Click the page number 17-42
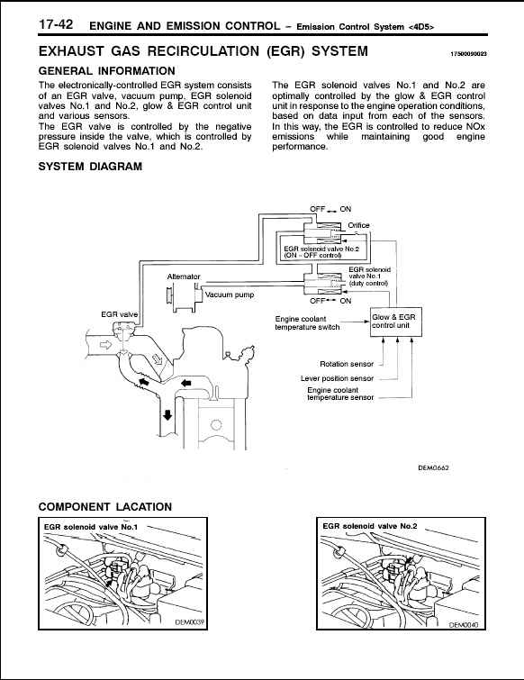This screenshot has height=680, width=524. pos(56,24)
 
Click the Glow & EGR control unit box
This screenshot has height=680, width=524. pos(395,322)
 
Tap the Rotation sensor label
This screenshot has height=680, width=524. pos(347,364)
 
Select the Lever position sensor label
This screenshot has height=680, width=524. pos(337,378)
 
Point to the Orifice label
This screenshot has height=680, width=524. pos(358,225)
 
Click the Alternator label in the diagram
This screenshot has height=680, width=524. pos(184,277)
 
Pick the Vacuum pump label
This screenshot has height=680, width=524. pos(230,295)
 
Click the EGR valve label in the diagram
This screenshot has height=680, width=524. pos(119,314)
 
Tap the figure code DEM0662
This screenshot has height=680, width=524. pos(433,468)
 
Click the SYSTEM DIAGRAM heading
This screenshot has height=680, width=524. pos(90,167)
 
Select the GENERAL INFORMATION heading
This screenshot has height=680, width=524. pos(106,71)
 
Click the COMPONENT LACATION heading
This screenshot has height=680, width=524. pos(105,507)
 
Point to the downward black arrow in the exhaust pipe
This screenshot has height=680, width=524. pos(167,414)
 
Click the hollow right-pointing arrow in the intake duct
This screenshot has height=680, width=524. pos(105,345)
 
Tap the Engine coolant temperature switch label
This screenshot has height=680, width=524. pos(307,323)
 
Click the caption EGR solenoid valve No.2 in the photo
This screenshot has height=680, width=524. pos(370,526)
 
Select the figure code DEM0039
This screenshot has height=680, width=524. pos(190,622)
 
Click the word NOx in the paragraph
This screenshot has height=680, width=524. pos(476,127)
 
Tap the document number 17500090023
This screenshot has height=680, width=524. pos(468,54)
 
